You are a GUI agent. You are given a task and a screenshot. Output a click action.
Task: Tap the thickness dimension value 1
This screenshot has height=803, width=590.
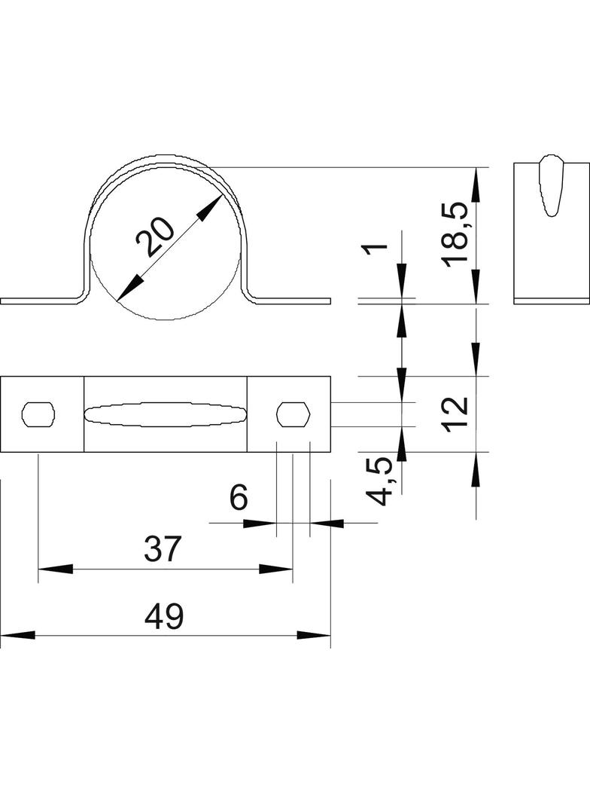click(379, 249)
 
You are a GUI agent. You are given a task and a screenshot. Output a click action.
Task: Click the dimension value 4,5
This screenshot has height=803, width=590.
click(381, 481)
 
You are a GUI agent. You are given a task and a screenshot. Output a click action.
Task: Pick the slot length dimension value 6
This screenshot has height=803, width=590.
click(238, 499)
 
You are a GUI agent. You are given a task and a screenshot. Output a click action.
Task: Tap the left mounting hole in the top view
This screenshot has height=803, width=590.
click(38, 414)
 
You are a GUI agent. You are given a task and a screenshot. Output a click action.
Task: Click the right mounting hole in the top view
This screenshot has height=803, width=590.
click(293, 414)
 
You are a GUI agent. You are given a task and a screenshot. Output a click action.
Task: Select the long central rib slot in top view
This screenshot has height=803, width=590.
click(165, 414)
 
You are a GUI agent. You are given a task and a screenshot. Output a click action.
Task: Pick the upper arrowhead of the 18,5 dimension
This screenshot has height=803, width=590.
click(476, 180)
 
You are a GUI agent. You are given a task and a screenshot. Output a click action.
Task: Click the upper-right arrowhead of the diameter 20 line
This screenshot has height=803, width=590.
click(211, 206)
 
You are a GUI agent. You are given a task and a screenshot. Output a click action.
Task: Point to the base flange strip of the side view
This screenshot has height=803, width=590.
click(550, 301)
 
